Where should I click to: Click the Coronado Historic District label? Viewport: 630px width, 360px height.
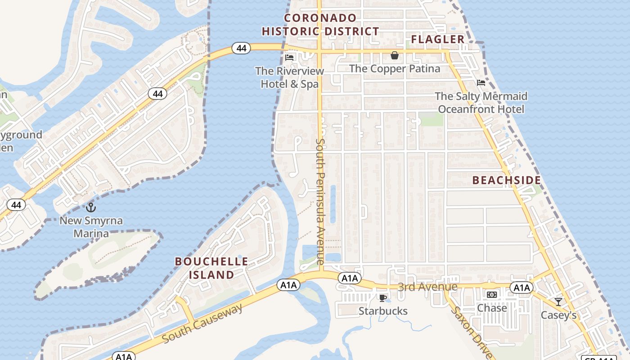pyautogui.click(x=320, y=25)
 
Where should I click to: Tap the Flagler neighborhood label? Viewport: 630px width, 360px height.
pyautogui.click(x=438, y=40)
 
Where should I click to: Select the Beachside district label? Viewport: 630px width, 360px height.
pyautogui.click(x=506, y=180)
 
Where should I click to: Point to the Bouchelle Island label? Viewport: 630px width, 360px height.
pyautogui.click(x=211, y=268)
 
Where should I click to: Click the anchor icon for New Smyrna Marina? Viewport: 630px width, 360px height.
pyautogui.click(x=91, y=207)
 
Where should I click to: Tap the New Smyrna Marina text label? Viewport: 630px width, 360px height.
pyautogui.click(x=91, y=227)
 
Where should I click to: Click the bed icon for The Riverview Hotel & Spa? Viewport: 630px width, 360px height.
pyautogui.click(x=289, y=58)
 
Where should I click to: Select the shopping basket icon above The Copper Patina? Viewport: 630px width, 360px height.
pyautogui.click(x=395, y=55)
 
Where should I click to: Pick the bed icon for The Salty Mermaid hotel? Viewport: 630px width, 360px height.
pyautogui.click(x=481, y=83)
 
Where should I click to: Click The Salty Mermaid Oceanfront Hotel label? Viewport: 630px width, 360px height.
pyautogui.click(x=481, y=103)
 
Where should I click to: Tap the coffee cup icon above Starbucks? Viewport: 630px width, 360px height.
pyautogui.click(x=382, y=298)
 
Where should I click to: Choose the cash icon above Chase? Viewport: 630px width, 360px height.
pyautogui.click(x=492, y=295)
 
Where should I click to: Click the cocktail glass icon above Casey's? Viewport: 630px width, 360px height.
pyautogui.click(x=558, y=302)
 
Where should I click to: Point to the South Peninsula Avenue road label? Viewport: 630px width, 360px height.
pyautogui.click(x=320, y=201)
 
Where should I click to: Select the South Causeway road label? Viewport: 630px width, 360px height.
pyautogui.click(x=202, y=323)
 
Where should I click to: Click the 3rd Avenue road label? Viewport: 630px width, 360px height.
pyautogui.click(x=427, y=287)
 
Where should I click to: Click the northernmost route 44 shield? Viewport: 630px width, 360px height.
pyautogui.click(x=241, y=48)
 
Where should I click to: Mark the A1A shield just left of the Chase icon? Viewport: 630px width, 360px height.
pyautogui.click(x=521, y=288)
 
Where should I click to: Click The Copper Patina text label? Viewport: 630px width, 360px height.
pyautogui.click(x=395, y=68)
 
